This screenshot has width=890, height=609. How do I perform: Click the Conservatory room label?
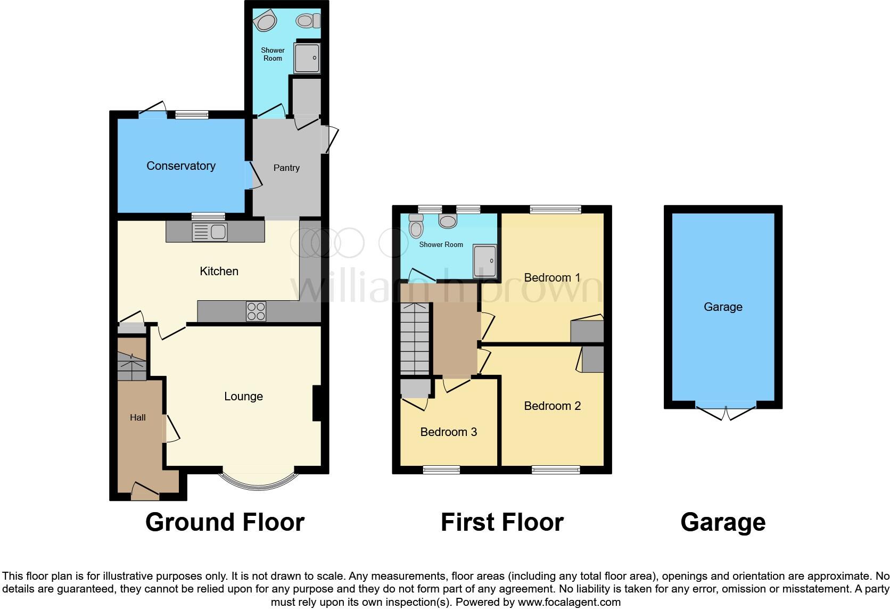[x=180, y=166]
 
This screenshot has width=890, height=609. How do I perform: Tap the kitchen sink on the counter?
[x=210, y=232]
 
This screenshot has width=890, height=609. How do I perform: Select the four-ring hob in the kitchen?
[x=256, y=311]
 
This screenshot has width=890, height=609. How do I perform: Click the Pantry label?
[x=286, y=168]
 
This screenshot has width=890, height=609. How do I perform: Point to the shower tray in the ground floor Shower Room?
[x=307, y=58]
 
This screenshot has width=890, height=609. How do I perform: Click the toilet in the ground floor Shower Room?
[x=308, y=21]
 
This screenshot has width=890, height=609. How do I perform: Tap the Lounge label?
[x=243, y=397]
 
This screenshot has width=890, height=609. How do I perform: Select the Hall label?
[x=138, y=418]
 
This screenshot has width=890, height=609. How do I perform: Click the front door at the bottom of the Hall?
[x=145, y=492]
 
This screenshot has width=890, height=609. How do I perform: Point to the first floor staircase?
[x=414, y=339]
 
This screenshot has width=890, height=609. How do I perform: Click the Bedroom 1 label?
[x=552, y=278]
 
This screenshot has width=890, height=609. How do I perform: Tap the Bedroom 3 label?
[x=448, y=432]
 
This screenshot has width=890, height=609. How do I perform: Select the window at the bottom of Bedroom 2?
[x=556, y=470]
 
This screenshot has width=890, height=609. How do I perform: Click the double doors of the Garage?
[x=726, y=412]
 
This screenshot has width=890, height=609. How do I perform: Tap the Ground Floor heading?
[x=225, y=522]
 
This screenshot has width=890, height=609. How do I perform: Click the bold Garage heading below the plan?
[x=722, y=522]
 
